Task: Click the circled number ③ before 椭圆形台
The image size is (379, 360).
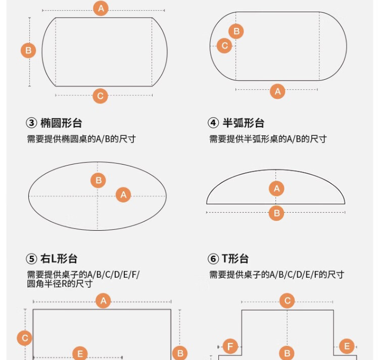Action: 31,123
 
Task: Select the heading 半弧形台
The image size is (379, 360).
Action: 244,123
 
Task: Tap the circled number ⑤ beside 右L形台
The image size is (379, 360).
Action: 31,259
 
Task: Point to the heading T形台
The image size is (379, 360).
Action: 235,259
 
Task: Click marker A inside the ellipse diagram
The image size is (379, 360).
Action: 123,194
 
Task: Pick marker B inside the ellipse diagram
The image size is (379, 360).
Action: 98,180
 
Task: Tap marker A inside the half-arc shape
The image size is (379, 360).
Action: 276,188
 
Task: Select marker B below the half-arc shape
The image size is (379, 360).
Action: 276,213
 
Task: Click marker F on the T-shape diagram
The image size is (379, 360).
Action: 230,346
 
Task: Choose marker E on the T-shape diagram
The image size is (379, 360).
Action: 347,346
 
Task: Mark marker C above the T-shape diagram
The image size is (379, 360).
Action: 287,300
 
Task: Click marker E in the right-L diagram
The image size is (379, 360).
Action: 80,354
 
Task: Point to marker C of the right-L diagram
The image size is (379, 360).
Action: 25,338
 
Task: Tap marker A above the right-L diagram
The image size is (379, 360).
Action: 103,301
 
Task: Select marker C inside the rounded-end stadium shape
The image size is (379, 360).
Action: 224,45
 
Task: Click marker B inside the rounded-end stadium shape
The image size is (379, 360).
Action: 236,31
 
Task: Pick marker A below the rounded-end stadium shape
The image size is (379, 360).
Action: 277,91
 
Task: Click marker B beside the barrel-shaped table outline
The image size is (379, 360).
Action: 28,50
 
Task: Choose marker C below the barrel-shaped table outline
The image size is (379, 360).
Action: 101,96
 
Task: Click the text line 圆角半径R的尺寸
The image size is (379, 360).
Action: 60,284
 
